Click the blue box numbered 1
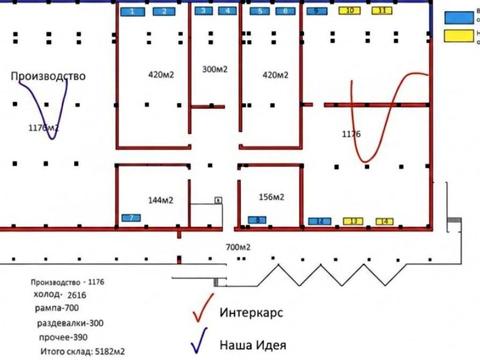pyautogui.click(x=133, y=11)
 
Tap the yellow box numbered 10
pyautogui.click(x=350, y=11)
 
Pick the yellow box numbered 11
pyautogui.click(x=382, y=11)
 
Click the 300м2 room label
pyautogui.click(x=215, y=69)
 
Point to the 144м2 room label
pyautogui.click(x=161, y=200)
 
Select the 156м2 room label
pyautogui.click(x=273, y=196)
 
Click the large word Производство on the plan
pyautogui.click(x=48, y=76)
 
